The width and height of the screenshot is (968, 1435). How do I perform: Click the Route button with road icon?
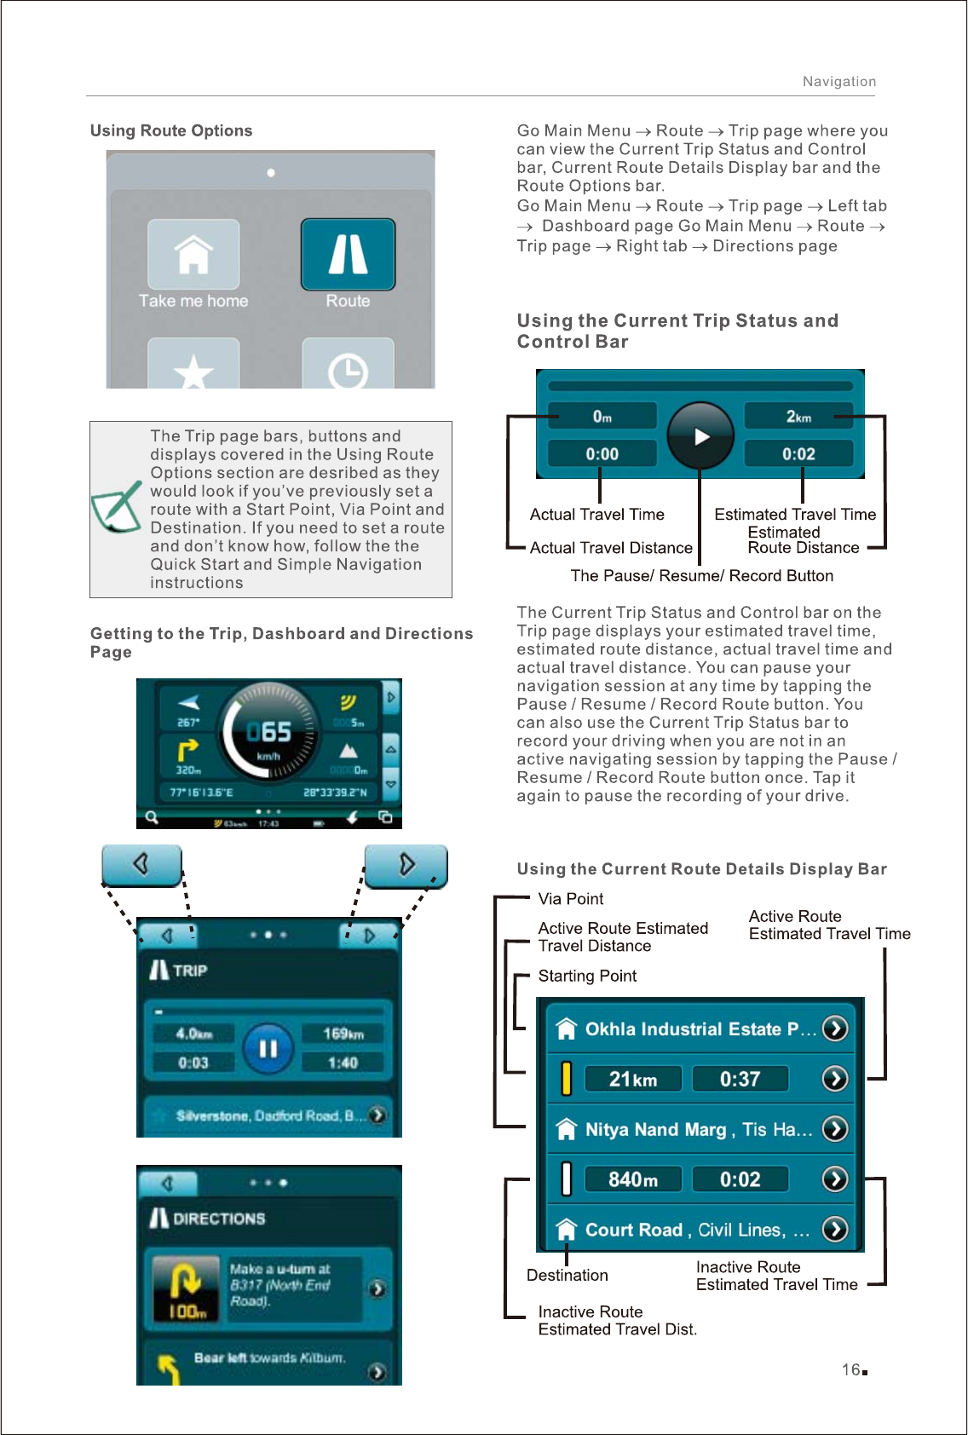click(348, 254)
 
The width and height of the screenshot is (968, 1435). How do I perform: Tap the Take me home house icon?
click(193, 254)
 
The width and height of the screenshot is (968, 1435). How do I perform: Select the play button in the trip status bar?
click(700, 436)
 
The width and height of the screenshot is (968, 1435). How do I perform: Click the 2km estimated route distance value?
click(798, 417)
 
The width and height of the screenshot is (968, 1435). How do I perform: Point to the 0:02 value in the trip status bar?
click(798, 454)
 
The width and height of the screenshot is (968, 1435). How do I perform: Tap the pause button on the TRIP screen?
click(268, 1048)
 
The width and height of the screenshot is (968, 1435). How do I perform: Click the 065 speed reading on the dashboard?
click(268, 732)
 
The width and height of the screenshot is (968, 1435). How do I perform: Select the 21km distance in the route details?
click(633, 1080)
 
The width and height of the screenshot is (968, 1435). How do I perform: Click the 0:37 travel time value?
click(740, 1080)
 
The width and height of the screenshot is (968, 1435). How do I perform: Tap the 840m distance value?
click(633, 1179)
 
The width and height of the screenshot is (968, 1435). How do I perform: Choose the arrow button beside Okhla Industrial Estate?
click(835, 1029)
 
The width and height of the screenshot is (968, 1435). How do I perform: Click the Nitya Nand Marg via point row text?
click(698, 1130)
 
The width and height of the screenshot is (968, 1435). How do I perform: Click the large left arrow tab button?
click(141, 865)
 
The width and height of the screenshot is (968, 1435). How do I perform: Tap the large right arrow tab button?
click(406, 865)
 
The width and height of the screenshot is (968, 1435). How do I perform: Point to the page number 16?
click(851, 1369)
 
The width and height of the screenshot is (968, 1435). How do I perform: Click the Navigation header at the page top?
click(838, 82)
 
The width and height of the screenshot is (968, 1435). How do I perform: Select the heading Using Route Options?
click(171, 130)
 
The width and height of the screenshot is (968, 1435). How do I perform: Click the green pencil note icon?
click(117, 507)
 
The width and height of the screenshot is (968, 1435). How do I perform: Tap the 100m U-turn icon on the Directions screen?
click(187, 1289)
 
